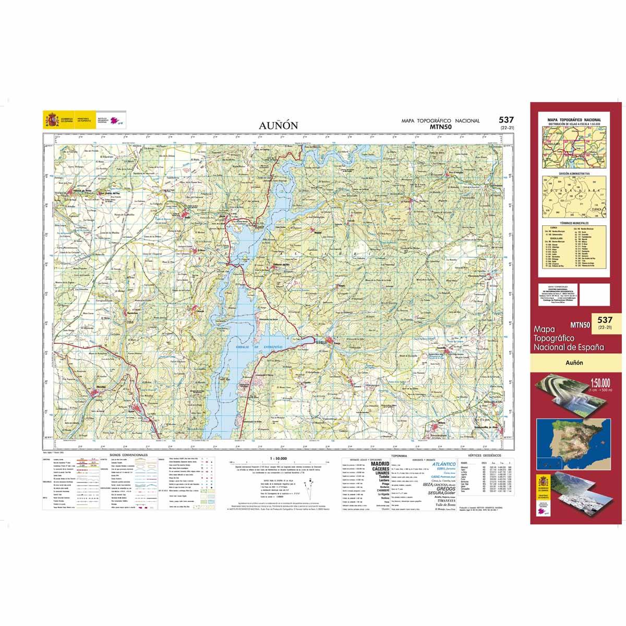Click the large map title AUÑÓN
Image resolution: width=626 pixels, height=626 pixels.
tap(278, 125)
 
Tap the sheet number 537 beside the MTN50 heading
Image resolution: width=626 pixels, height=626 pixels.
tap(505, 120)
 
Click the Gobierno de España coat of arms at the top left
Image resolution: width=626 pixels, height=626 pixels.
tap(50, 121)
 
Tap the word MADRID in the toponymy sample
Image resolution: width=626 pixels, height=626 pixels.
tap(380, 463)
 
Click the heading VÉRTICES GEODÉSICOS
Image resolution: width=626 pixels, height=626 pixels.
tap(486, 455)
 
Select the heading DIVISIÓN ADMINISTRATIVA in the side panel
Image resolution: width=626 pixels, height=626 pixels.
tap(574, 173)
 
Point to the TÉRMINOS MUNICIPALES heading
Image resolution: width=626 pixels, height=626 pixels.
tap(574, 222)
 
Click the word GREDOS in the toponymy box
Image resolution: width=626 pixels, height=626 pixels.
tap(442, 489)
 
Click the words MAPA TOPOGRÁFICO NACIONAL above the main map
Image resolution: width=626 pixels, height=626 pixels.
tap(440, 121)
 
